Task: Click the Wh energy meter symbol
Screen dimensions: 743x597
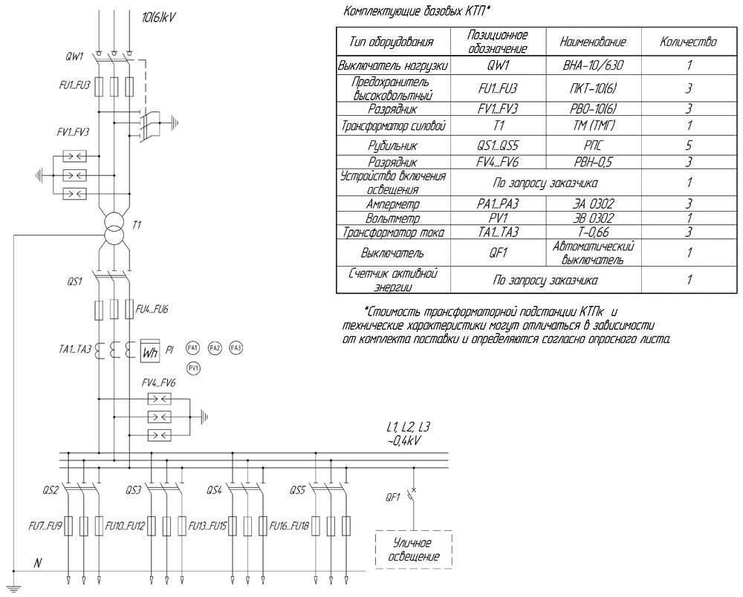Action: (150, 350)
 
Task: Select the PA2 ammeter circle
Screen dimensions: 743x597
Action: (215, 348)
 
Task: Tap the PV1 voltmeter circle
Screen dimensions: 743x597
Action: (193, 368)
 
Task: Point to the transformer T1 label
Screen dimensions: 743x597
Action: (137, 225)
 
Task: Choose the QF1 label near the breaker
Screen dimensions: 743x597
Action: (393, 497)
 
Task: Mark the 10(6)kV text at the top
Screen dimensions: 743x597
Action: (159, 18)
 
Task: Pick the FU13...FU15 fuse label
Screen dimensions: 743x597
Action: (207, 526)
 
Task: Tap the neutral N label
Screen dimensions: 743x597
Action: (38, 563)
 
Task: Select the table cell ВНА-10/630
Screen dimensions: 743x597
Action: (593, 65)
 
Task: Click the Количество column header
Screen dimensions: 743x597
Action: (689, 42)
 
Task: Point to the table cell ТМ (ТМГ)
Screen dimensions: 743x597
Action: (593, 125)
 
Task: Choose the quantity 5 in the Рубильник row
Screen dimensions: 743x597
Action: (689, 145)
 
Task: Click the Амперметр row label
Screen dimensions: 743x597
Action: (393, 204)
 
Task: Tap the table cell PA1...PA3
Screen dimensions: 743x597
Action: (498, 203)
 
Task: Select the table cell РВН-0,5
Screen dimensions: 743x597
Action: (593, 162)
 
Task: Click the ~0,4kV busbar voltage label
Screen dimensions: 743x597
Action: (403, 441)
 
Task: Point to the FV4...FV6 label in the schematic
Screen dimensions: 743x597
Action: (159, 383)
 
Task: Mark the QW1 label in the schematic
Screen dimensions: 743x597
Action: (74, 57)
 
